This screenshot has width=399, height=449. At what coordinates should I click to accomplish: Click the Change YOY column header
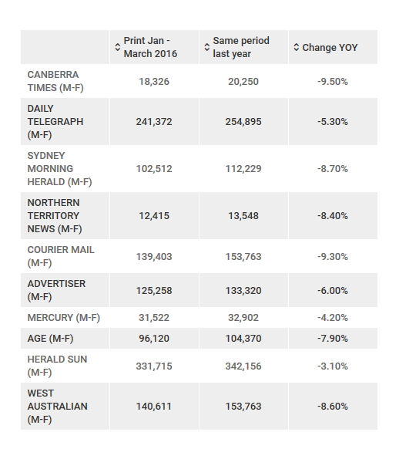coord(330,47)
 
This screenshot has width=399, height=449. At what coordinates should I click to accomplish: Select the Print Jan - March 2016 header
coord(150,47)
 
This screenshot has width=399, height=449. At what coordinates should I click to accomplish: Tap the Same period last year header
coord(241,47)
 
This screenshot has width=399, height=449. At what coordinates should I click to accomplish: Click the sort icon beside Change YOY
coord(297,48)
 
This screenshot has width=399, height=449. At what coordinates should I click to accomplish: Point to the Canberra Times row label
coord(55,81)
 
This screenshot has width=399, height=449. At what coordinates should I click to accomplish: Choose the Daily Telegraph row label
coord(55,122)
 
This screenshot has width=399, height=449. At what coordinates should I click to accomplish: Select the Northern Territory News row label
coord(54,215)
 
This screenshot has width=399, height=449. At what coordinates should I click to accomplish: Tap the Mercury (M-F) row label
coord(63,317)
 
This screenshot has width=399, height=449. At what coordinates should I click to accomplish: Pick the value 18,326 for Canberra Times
coord(154,81)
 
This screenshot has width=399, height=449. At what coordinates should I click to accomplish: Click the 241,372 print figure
coord(154,122)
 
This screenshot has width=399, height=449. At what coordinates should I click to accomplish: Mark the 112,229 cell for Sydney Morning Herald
coord(243,168)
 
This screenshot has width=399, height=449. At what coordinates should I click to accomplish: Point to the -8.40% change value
coord(333,215)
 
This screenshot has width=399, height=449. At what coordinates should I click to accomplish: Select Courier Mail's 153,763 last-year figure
coord(243,256)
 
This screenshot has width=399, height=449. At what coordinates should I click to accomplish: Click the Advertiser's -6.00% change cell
coord(333,290)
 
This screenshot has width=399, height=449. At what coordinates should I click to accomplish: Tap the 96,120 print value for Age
coord(154,338)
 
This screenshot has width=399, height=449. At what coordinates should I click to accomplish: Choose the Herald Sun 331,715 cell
coord(154,366)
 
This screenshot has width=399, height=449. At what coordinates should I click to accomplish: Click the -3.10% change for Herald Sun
coord(333,366)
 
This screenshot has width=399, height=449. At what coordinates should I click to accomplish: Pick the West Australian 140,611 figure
coord(154,406)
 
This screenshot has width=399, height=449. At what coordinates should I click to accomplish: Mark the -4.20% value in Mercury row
coord(333,317)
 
